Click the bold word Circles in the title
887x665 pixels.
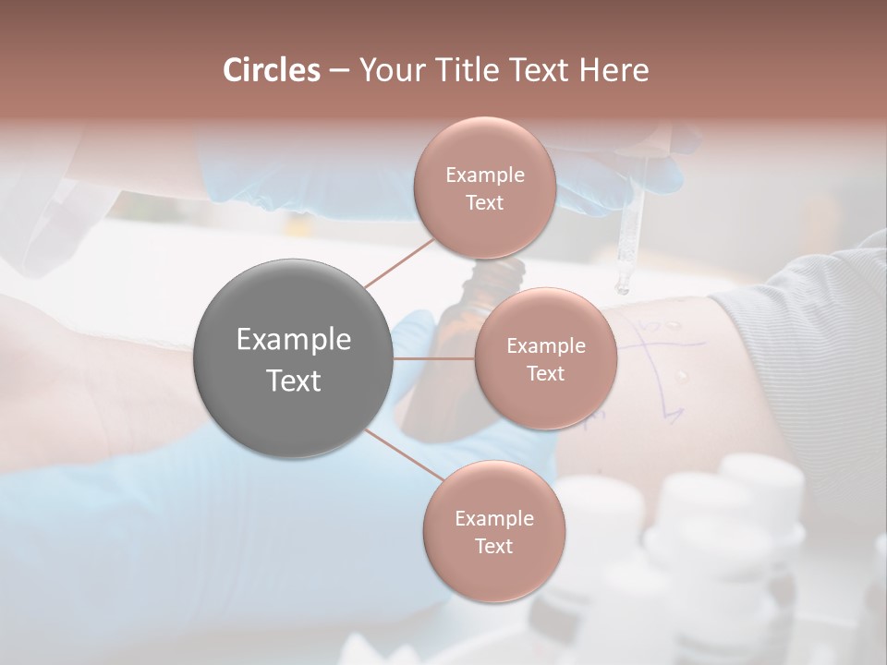tap(271, 70)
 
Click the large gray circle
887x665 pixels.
tap(294, 359)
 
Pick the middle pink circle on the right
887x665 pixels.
tap(545, 358)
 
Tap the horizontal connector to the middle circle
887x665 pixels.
tap(434, 358)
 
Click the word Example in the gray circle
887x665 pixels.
tap(294, 340)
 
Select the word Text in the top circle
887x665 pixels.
tap(484, 203)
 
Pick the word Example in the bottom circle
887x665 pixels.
tap(493, 519)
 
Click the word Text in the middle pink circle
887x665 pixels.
tap(545, 373)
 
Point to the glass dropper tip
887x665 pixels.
tap(623, 287)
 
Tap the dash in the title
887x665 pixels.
tap(339, 71)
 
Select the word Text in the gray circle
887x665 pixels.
tap(294, 381)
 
